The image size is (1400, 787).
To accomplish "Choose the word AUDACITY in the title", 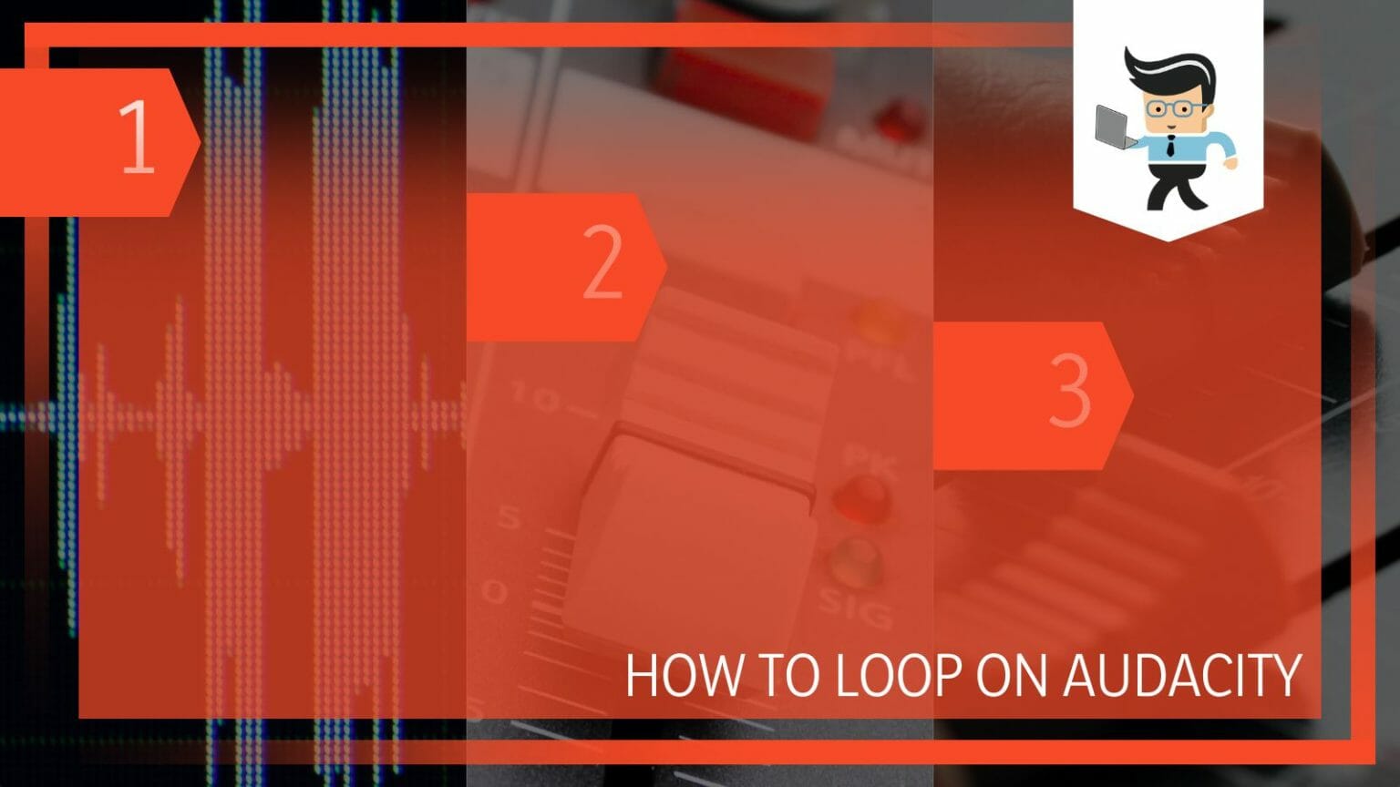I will pyautogui.click(x=1182, y=676).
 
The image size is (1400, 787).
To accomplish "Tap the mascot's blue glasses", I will pyautogui.click(x=1175, y=108).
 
